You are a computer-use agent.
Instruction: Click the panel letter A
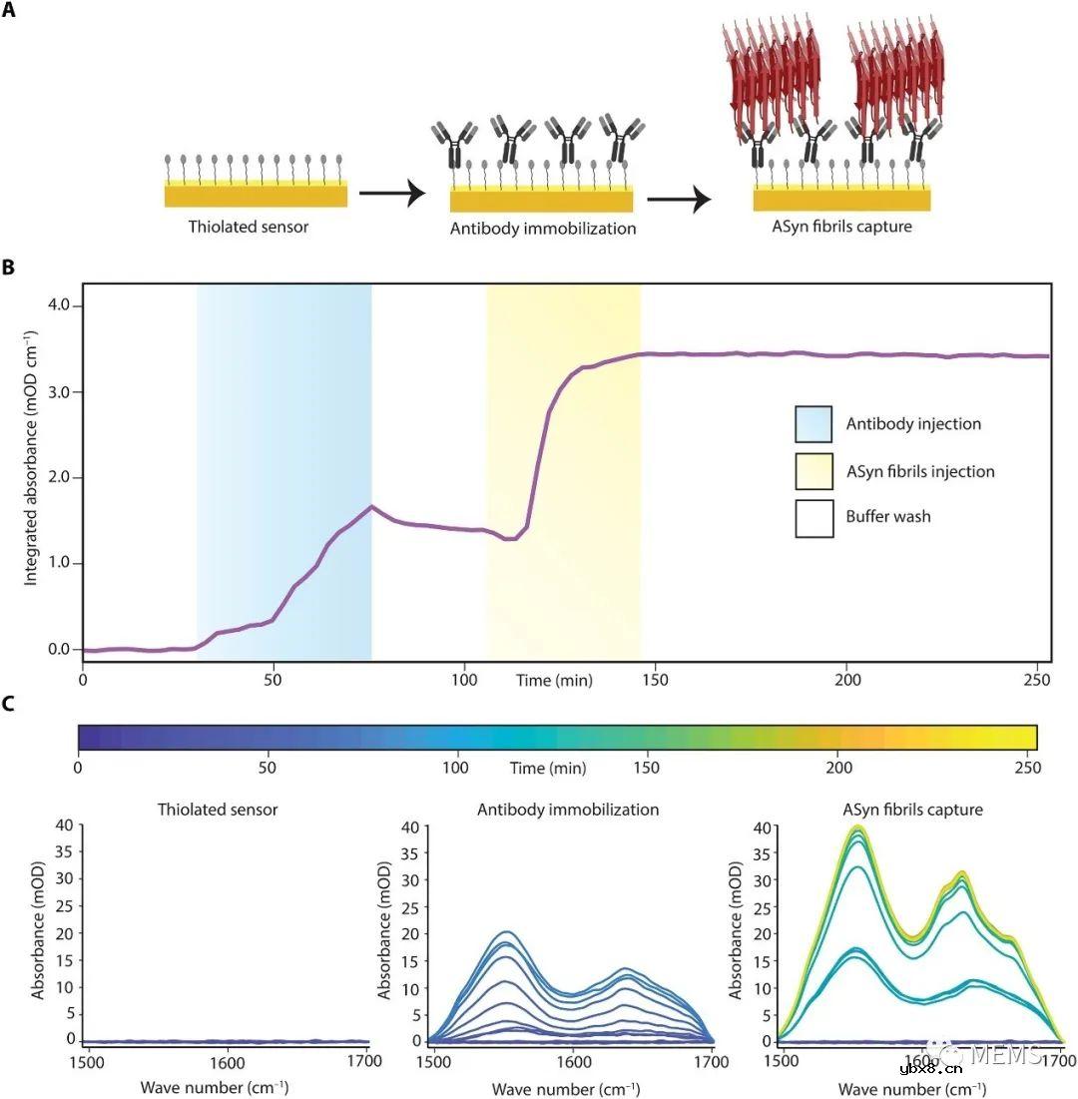pos(9,16)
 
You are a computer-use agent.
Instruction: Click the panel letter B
pos(9,268)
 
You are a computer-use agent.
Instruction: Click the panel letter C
pos(9,705)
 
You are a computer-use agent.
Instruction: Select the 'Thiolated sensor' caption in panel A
pos(249,227)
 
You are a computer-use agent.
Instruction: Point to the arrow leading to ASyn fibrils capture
pos(679,199)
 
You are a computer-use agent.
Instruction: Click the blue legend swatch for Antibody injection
pos(813,423)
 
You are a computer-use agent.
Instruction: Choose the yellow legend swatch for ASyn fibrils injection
pos(813,470)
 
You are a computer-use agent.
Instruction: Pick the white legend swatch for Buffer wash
pos(813,517)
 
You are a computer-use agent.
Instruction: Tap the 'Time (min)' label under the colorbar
pos(545,769)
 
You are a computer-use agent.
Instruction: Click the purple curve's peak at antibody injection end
pos(372,506)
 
